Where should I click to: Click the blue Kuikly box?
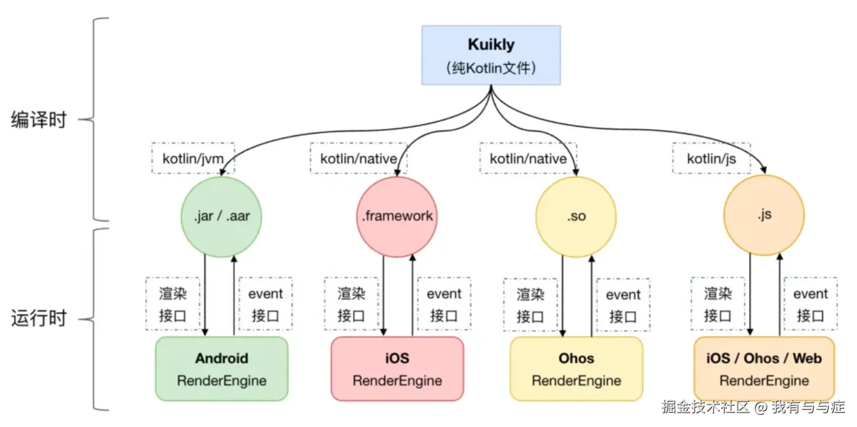coord(491,55)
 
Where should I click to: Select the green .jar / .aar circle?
coord(221,216)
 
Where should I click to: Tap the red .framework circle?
coord(397,216)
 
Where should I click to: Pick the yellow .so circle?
coord(576,216)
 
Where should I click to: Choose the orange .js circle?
coord(764,215)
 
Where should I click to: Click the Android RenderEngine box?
coord(221,369)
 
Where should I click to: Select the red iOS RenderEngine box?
coord(397,369)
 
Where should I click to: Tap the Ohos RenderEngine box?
coord(576,369)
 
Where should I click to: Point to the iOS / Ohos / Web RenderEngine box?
coord(764,369)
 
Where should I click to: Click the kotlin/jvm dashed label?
coord(192,158)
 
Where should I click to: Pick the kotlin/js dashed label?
coord(711,158)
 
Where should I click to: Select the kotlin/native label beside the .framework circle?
coord(358,158)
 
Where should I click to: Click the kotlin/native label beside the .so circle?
coord(528,158)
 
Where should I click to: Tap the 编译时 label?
coord(39,120)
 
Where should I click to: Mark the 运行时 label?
coord(39,319)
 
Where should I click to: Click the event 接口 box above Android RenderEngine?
coord(266,303)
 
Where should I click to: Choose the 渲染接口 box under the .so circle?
coord(530,304)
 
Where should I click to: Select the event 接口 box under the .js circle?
coord(810,304)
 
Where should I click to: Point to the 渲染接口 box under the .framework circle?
coord(351,303)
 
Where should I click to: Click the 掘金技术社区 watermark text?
coord(705,407)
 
